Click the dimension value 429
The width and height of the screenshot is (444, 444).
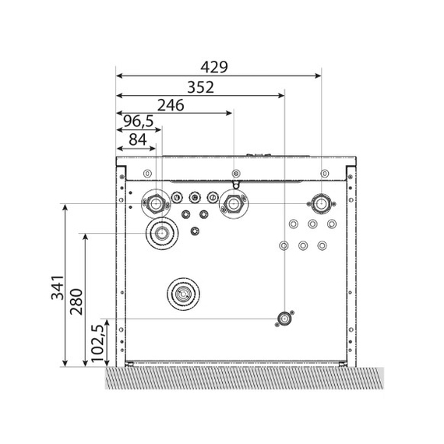point(214,67)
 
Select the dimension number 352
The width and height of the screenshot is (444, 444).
point(200,87)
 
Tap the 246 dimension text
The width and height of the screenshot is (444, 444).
point(171,105)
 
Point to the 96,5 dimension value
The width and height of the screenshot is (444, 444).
point(139,122)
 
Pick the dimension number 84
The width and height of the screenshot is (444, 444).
point(138,139)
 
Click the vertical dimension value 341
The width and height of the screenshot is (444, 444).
point(58,287)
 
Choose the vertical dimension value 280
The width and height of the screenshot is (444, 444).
point(76,302)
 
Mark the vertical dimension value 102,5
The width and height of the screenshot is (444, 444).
point(97,343)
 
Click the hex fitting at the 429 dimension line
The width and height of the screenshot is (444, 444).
point(321,203)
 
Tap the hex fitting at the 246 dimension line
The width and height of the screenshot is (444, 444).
point(234,204)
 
